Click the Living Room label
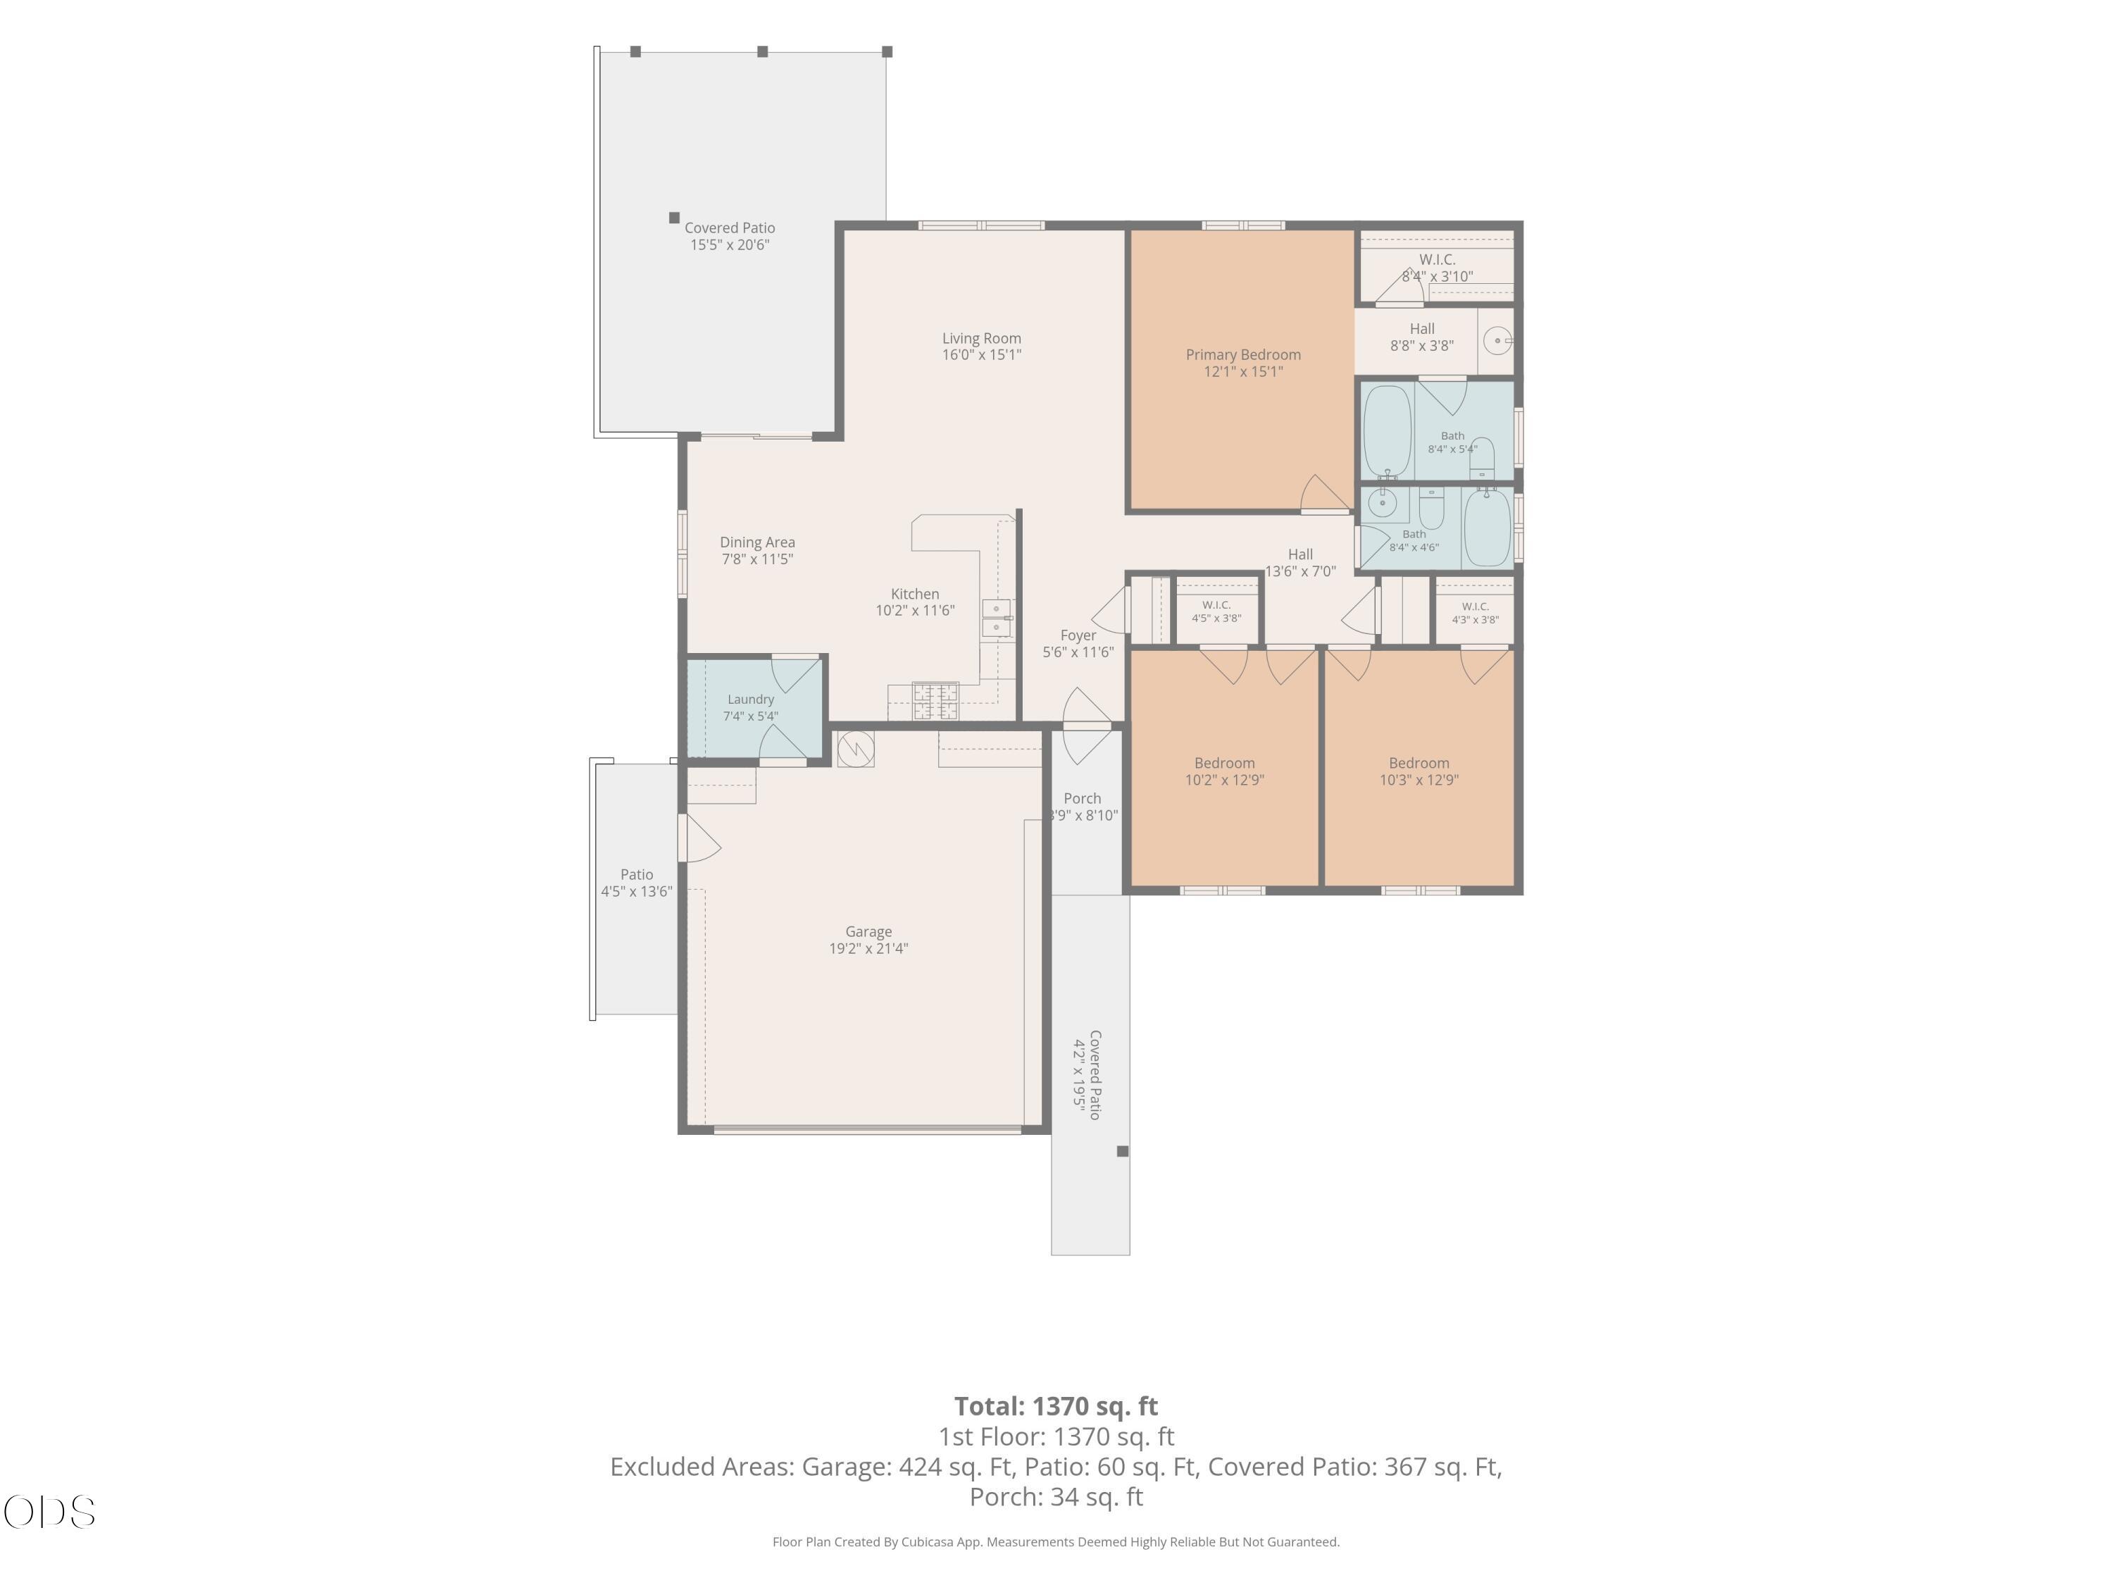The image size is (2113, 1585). pyautogui.click(x=981, y=338)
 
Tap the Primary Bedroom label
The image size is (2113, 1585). pyautogui.click(x=1242, y=354)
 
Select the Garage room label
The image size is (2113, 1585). pyautogui.click(x=868, y=931)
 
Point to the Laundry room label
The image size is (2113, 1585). pyautogui.click(x=751, y=700)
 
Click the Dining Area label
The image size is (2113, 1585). pyautogui.click(x=757, y=542)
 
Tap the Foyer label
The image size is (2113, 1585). pyautogui.click(x=1078, y=635)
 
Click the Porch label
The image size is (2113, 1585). pyautogui.click(x=1083, y=799)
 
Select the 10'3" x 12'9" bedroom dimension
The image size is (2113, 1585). pyautogui.click(x=1419, y=780)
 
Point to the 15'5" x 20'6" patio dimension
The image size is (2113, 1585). pyautogui.click(x=730, y=244)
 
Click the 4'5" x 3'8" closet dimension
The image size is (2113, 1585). pyautogui.click(x=1216, y=618)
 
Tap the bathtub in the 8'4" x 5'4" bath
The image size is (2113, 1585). pyautogui.click(x=1387, y=431)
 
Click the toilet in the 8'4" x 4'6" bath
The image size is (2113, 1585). pyautogui.click(x=1431, y=507)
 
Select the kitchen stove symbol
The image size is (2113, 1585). pyautogui.click(x=935, y=701)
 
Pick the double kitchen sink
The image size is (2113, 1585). pyautogui.click(x=997, y=618)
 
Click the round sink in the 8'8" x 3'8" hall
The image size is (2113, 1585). pyautogui.click(x=1497, y=340)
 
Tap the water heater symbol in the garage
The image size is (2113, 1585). pyautogui.click(x=856, y=749)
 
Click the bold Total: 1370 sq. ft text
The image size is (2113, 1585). pyautogui.click(x=1056, y=1406)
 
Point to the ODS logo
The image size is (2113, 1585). pyautogui.click(x=50, y=1512)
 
